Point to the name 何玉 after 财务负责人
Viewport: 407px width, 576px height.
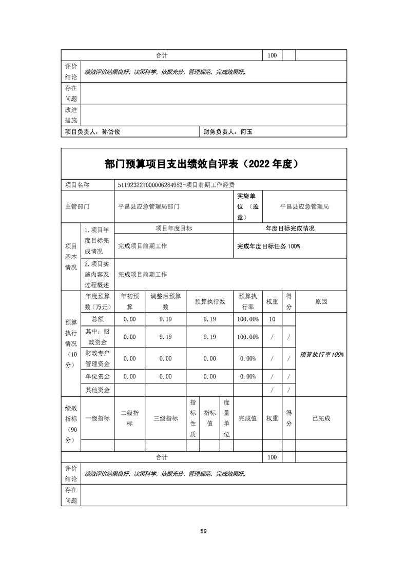246,132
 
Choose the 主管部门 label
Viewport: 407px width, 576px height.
77,207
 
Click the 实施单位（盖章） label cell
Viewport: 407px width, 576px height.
249,207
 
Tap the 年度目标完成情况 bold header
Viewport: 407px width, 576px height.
290,228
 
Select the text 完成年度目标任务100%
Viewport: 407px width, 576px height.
268,246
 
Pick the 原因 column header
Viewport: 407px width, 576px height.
321,301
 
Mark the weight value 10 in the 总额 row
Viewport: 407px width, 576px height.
272,319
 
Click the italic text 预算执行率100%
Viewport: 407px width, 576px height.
321,354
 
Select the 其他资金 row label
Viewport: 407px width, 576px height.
98,390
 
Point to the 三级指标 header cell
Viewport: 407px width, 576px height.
165,418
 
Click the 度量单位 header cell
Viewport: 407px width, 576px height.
226,418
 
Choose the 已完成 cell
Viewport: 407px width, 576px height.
321,418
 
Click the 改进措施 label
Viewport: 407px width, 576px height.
70,115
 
